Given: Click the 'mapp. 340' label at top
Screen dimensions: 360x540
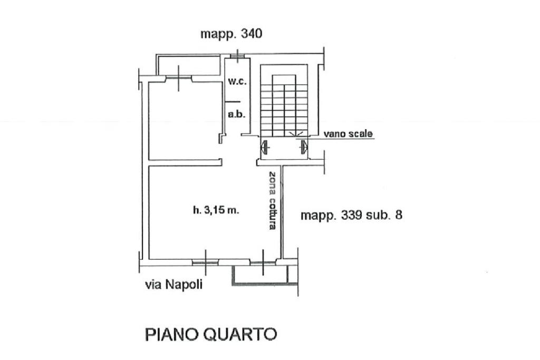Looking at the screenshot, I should pyautogui.click(x=231, y=34).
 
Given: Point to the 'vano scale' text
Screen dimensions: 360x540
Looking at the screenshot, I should pyautogui.click(x=348, y=134).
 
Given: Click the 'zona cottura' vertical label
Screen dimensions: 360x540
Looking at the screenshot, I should pyautogui.click(x=272, y=200).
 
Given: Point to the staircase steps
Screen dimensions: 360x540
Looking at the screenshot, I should pyautogui.click(x=285, y=105).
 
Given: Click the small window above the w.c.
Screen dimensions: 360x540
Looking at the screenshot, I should pyautogui.click(x=237, y=55).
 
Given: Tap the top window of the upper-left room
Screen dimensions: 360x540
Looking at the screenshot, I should pyautogui.click(x=179, y=79).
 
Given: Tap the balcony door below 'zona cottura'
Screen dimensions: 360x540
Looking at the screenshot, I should pyautogui.click(x=264, y=261).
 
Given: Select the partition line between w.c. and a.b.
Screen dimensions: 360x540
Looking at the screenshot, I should pyautogui.click(x=233, y=101).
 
